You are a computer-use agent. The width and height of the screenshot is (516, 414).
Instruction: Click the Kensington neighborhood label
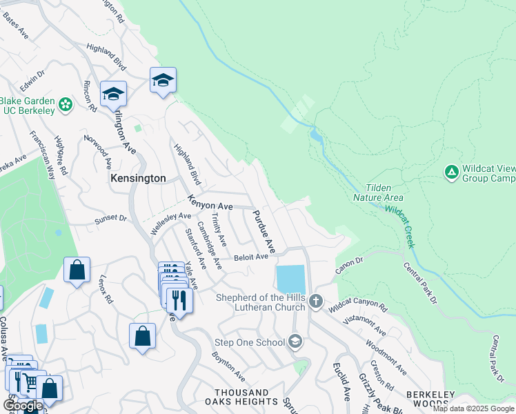138,178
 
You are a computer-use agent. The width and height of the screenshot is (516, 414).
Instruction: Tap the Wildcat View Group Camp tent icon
451,171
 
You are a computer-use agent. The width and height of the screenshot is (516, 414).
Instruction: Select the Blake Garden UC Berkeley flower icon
66,105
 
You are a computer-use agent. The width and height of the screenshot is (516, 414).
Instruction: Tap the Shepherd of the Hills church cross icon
316,300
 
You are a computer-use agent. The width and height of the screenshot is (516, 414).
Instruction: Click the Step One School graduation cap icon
295,342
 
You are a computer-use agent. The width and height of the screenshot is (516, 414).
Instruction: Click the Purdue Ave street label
264,230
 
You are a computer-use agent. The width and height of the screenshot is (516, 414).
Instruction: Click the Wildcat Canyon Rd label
358,301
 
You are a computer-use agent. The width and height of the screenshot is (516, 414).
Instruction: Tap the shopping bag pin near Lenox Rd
77,269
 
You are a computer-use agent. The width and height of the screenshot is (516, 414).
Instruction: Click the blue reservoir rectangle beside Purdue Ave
290,279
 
